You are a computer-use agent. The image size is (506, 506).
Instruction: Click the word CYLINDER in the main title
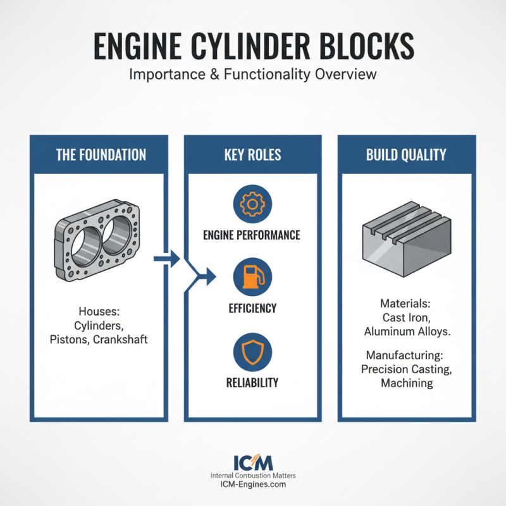251,46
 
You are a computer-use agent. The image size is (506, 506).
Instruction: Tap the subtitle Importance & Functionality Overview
252,74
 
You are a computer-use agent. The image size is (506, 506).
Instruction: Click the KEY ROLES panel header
252,155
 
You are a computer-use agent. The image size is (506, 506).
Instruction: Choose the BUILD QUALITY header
406,155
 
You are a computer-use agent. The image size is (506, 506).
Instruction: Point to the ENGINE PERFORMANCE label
252,235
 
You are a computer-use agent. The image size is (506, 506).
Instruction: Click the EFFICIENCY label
252,309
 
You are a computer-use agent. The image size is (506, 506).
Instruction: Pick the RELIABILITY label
252,383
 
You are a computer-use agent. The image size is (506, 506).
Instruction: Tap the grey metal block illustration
405,240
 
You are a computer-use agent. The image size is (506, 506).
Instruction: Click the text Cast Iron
405,318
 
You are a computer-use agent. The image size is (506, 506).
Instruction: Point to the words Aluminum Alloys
405,331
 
